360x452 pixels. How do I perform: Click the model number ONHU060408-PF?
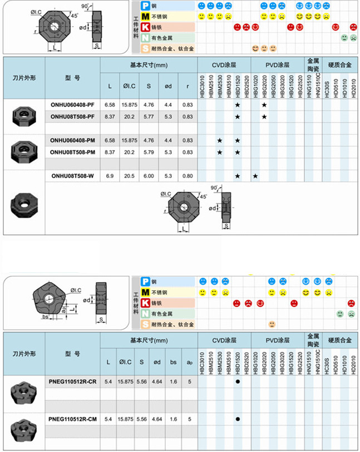[72, 105]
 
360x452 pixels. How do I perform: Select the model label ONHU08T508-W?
[72, 176]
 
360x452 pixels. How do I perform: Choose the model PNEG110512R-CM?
[72, 418]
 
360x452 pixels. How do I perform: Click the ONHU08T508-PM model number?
[72, 152]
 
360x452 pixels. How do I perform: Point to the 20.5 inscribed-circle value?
[129, 176]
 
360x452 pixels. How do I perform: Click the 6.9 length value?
[109, 176]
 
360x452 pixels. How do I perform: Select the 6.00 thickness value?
[149, 176]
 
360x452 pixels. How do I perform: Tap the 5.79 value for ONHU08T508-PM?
[149, 152]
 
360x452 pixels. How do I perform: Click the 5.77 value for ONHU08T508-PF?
[149, 116]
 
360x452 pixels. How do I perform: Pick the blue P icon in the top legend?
[145, 6]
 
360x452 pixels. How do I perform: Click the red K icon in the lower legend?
[145, 303]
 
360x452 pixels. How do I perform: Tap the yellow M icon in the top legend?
[145, 16]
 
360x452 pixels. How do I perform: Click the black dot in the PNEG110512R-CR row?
[238, 383]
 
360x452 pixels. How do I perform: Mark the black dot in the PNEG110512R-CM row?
[238, 418]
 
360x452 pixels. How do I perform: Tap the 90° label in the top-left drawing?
[85, 7]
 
